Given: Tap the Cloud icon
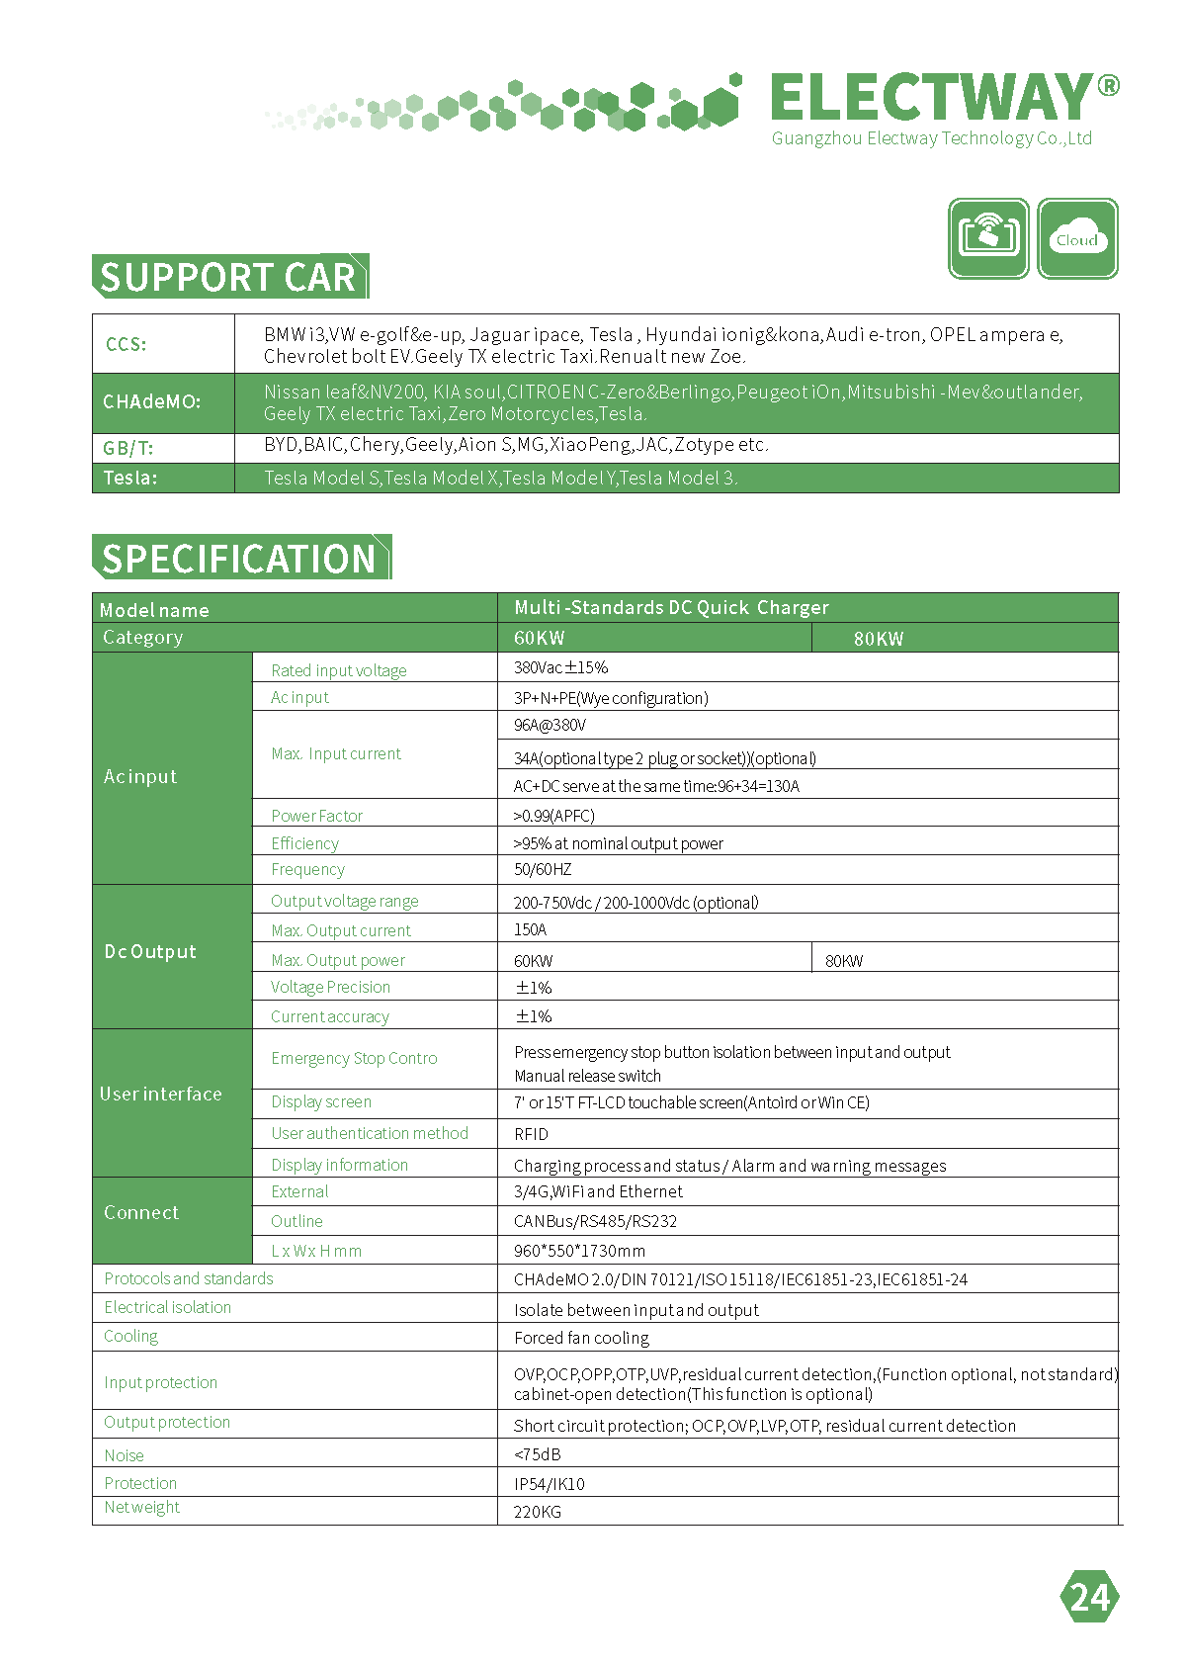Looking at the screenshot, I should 1077,238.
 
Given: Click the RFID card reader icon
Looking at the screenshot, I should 988,238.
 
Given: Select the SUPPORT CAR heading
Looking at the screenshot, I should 228,277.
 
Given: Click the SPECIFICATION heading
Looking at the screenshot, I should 240,559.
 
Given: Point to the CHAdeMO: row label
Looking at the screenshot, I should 151,402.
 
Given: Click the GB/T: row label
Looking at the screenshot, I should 128,448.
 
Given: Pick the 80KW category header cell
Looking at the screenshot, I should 879,639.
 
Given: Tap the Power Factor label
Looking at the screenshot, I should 316,816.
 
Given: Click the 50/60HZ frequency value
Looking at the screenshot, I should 543,869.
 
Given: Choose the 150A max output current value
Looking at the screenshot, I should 530,929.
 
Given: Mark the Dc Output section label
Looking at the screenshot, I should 150,952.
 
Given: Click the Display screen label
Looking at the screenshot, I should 321,1101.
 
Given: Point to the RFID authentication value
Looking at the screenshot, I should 531,1134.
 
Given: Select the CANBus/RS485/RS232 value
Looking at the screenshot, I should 595,1221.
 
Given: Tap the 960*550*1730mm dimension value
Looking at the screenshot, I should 579,1251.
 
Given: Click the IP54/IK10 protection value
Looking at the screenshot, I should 549,1484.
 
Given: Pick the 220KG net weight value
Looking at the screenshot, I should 537,1512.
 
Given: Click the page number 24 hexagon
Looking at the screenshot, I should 1090,1597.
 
